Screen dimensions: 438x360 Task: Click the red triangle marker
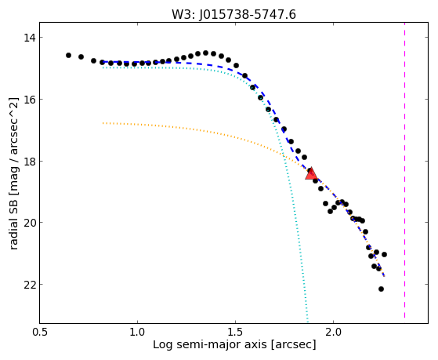point(311,173)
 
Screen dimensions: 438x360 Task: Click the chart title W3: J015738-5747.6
point(233,14)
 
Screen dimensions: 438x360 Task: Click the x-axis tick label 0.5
point(40,333)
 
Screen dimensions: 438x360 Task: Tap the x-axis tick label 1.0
point(137,333)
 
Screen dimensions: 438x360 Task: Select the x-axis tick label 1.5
point(236,333)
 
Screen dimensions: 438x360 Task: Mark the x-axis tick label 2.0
point(334,333)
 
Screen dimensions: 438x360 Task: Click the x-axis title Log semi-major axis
point(209,345)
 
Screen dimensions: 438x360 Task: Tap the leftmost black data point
point(68,56)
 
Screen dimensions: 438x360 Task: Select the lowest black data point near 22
point(381,289)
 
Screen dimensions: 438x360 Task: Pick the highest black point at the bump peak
point(205,53)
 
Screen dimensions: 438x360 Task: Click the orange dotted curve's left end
point(103,123)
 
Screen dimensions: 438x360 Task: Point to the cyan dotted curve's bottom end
point(308,322)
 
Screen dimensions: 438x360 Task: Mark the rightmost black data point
point(385,254)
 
